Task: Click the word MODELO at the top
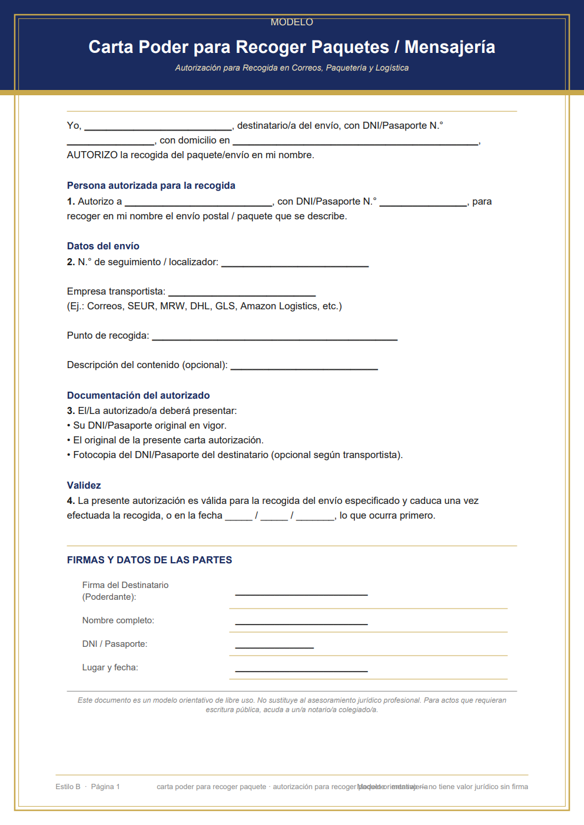click(x=291, y=22)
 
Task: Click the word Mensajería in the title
click(x=450, y=47)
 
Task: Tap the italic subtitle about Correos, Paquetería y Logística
click(x=291, y=68)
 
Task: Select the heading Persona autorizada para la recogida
click(x=151, y=185)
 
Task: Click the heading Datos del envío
click(x=103, y=246)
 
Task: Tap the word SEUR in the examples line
click(x=141, y=306)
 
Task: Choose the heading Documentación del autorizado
click(x=138, y=395)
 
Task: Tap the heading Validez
click(x=84, y=485)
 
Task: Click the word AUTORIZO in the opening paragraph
click(x=92, y=155)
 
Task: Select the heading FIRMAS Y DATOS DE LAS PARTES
click(x=150, y=560)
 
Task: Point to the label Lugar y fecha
click(x=110, y=667)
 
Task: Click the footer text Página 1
click(x=105, y=787)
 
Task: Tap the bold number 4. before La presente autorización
click(x=71, y=500)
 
